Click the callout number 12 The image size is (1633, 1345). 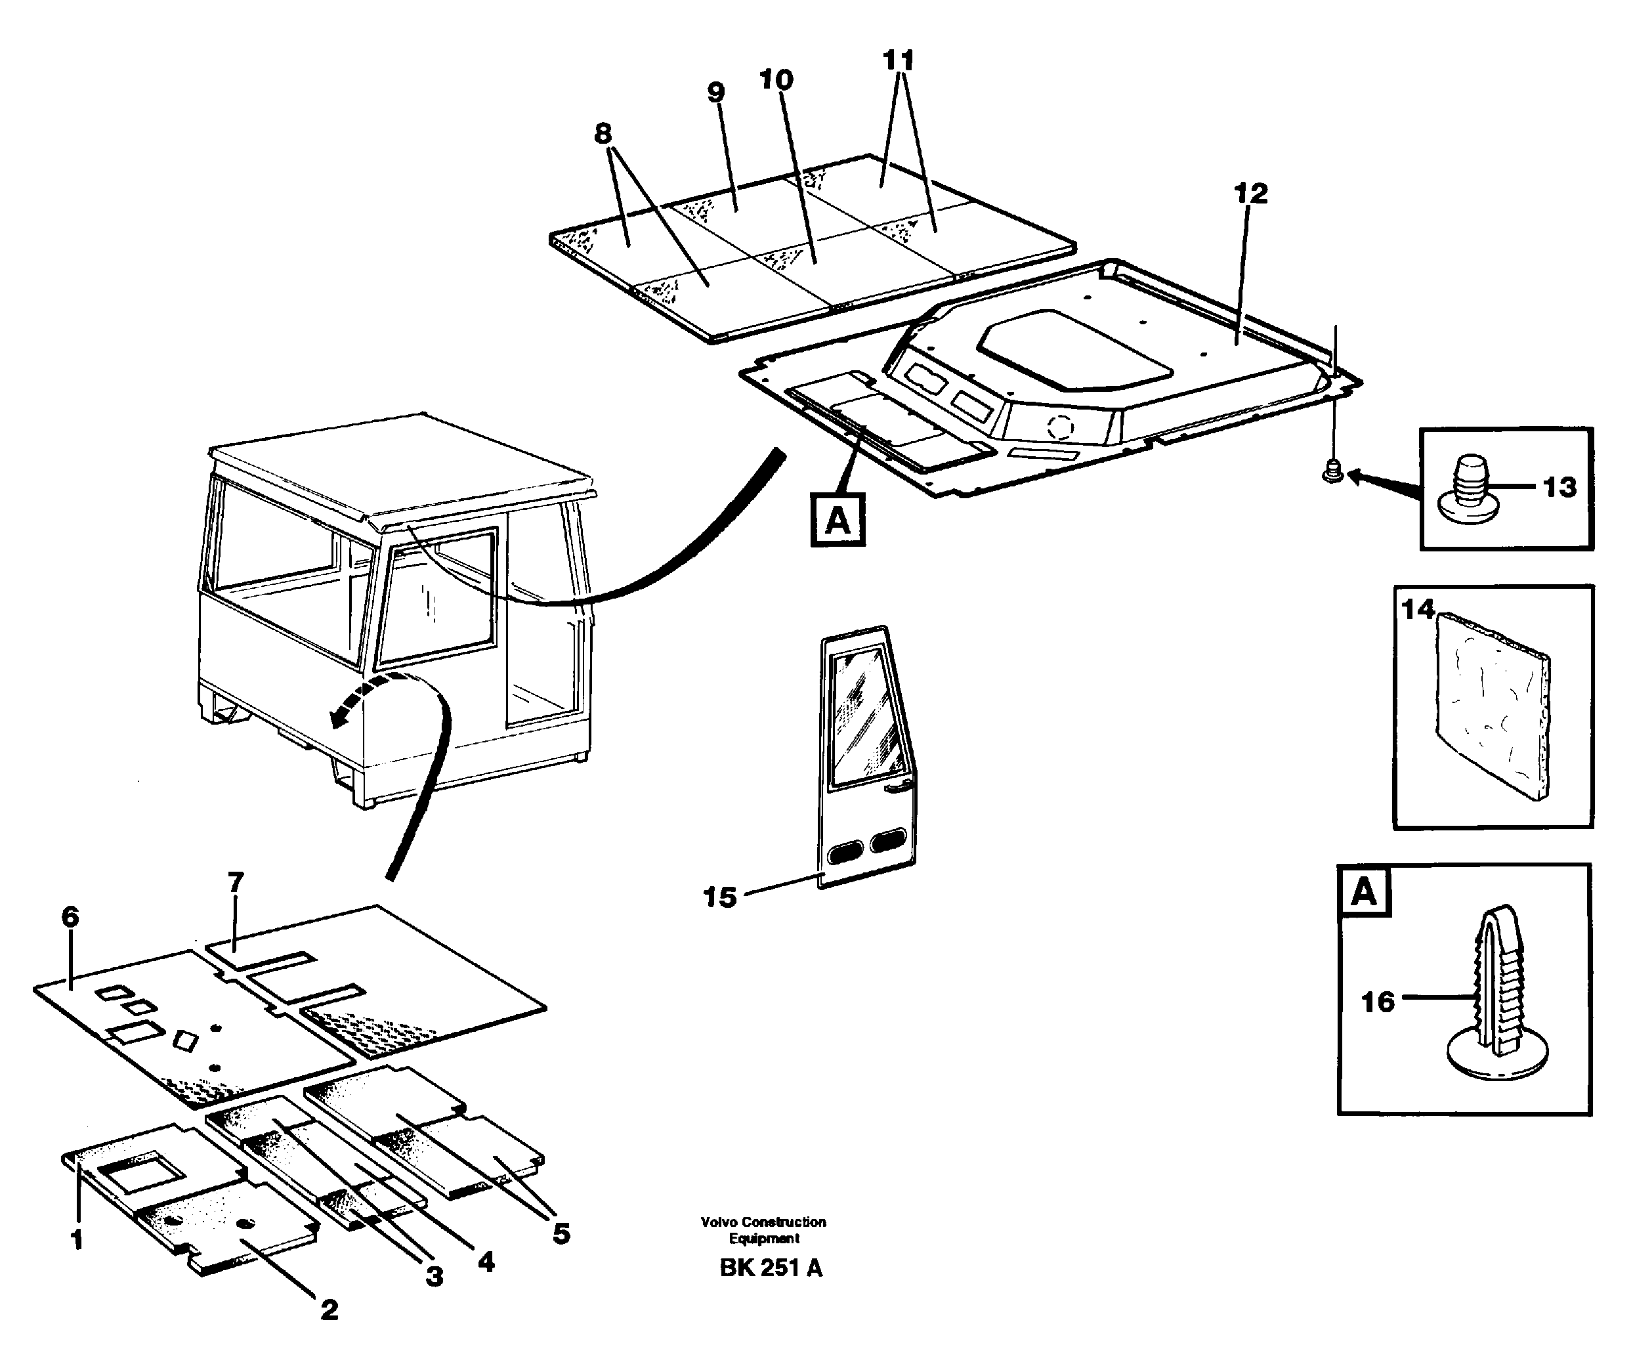coord(1250,194)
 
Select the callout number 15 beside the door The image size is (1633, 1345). coord(719,897)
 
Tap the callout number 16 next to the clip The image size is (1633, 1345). coord(1378,1002)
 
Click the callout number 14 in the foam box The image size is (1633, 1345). coord(1418,610)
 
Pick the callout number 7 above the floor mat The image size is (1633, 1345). coord(236,882)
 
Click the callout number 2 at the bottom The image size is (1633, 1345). coord(329,1310)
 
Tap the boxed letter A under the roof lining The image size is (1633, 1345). coord(838,520)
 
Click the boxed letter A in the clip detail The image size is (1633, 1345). coord(1363,893)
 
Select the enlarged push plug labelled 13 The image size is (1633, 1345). coord(1469,488)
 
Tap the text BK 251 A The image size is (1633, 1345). coord(771,1268)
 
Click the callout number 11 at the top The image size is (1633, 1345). coord(898,60)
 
